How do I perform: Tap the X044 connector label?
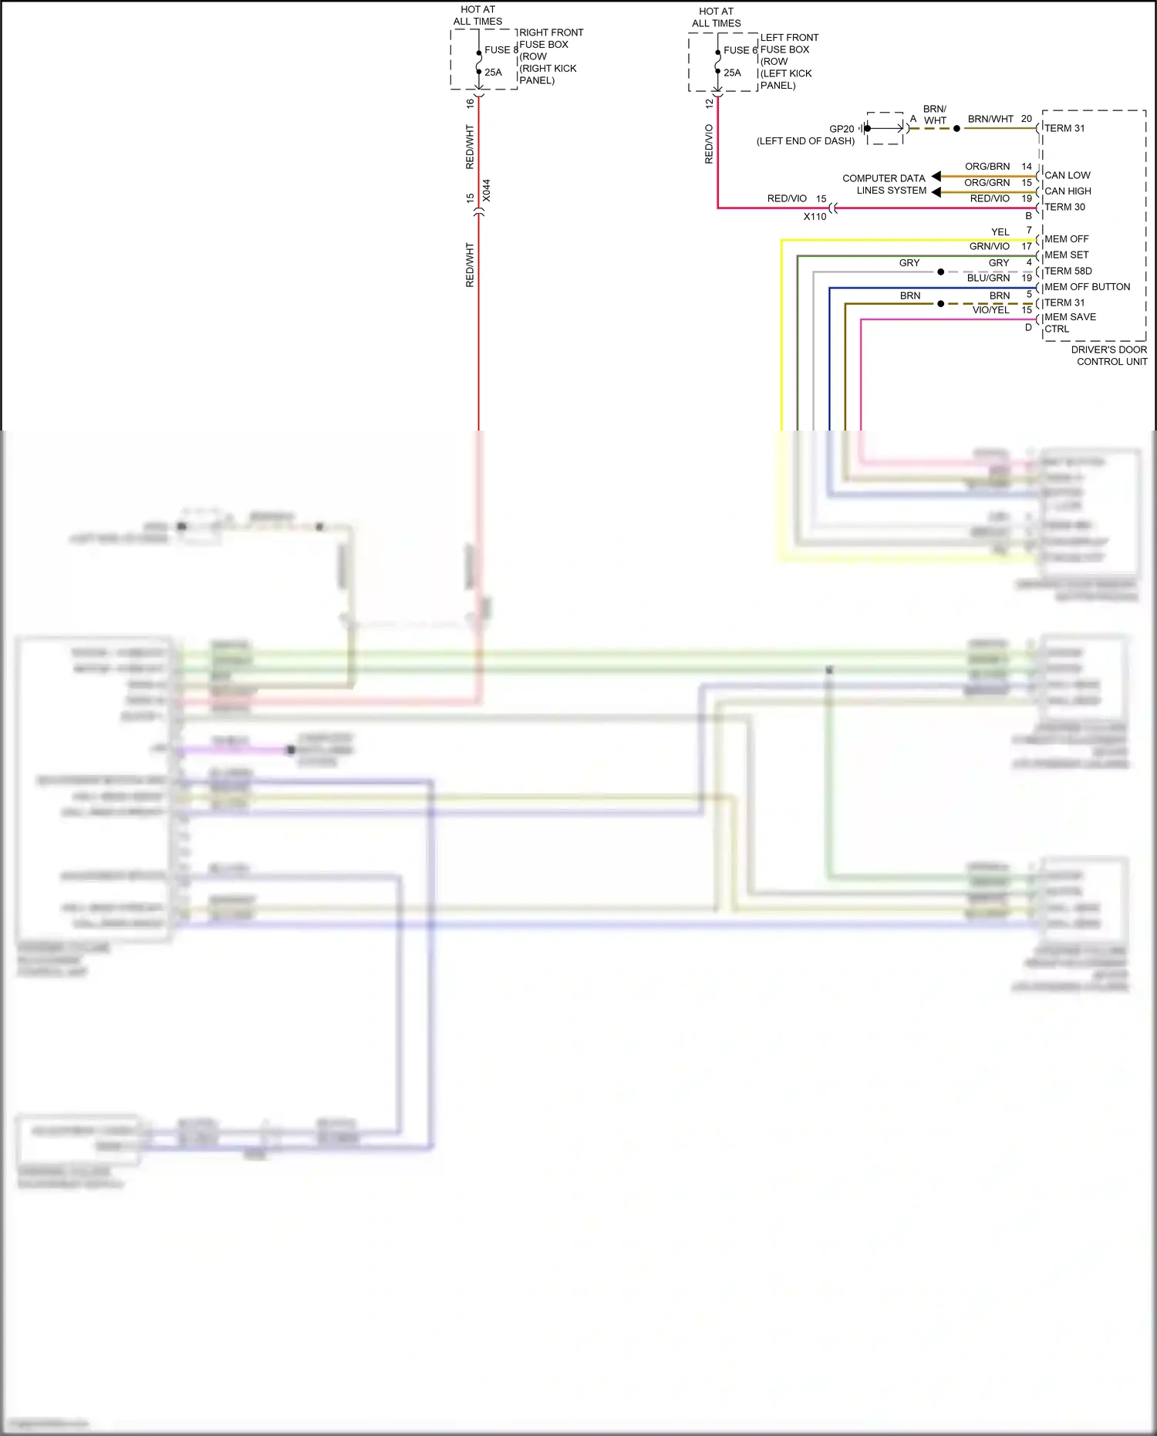point(487,191)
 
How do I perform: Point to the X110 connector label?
point(815,217)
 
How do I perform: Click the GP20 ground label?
point(842,129)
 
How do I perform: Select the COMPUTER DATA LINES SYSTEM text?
point(885,184)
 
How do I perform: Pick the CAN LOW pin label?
point(1068,175)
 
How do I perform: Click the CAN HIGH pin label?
point(1068,191)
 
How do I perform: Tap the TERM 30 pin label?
point(1064,207)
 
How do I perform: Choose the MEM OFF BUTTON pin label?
point(1087,287)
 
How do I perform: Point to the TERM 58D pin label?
point(1068,271)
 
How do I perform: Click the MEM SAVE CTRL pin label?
point(1069,323)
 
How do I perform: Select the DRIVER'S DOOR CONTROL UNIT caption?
point(1108,356)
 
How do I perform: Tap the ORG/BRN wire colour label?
point(987,167)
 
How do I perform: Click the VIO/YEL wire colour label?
point(990,310)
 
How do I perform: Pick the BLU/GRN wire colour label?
point(988,279)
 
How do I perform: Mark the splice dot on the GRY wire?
point(941,272)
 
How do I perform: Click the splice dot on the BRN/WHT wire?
point(956,128)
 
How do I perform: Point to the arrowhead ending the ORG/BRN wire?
point(936,177)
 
